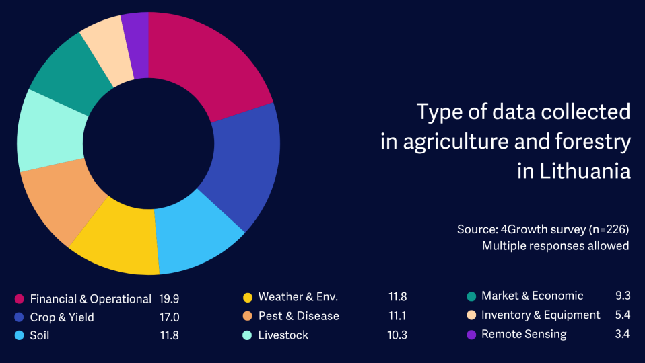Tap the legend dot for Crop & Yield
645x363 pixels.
click(19, 317)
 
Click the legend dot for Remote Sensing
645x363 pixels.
click(471, 335)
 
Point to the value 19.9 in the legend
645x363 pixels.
click(169, 299)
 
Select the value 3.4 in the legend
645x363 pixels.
click(621, 334)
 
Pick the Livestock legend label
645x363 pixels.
click(283, 335)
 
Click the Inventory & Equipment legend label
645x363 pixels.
click(540, 315)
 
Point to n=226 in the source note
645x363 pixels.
click(609, 230)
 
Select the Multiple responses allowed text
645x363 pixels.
click(555, 246)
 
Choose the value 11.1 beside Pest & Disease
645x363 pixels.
click(397, 316)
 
